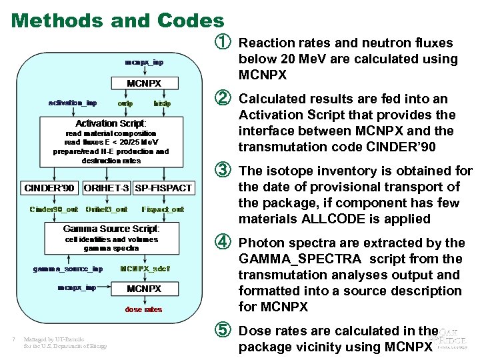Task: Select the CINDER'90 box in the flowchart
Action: [x=49, y=188]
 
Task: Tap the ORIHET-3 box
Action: [x=107, y=188]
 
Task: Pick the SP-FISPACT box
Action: [x=163, y=188]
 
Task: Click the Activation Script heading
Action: [x=111, y=123]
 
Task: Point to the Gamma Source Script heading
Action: [x=111, y=229]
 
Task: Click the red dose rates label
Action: [x=144, y=309]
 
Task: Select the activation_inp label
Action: [x=73, y=103]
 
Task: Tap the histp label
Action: [x=162, y=104]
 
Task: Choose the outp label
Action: [x=125, y=104]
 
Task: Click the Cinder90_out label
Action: [x=53, y=209]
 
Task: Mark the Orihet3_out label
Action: [x=106, y=209]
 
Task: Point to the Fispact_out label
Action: [x=163, y=209]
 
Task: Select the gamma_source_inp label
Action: [x=68, y=269]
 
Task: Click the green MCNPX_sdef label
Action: [x=145, y=269]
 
